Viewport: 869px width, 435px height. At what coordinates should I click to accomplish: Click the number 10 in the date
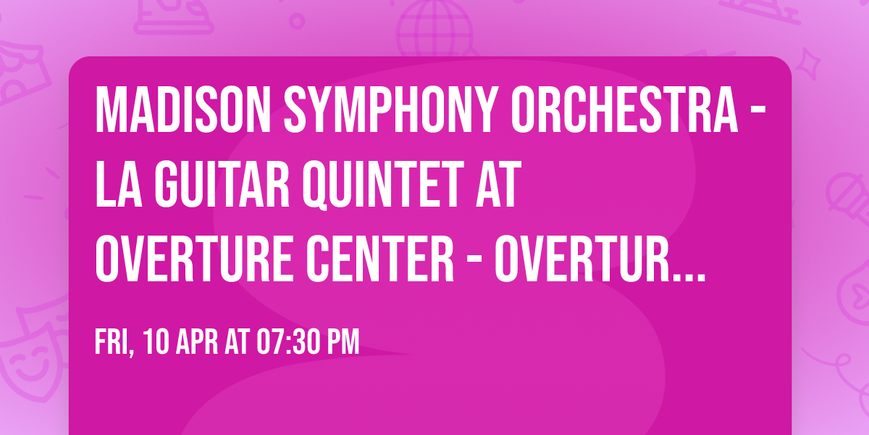pos(154,342)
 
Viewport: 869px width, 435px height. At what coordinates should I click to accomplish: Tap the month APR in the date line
pos(195,342)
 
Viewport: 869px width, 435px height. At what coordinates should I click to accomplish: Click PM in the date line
pos(343,342)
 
